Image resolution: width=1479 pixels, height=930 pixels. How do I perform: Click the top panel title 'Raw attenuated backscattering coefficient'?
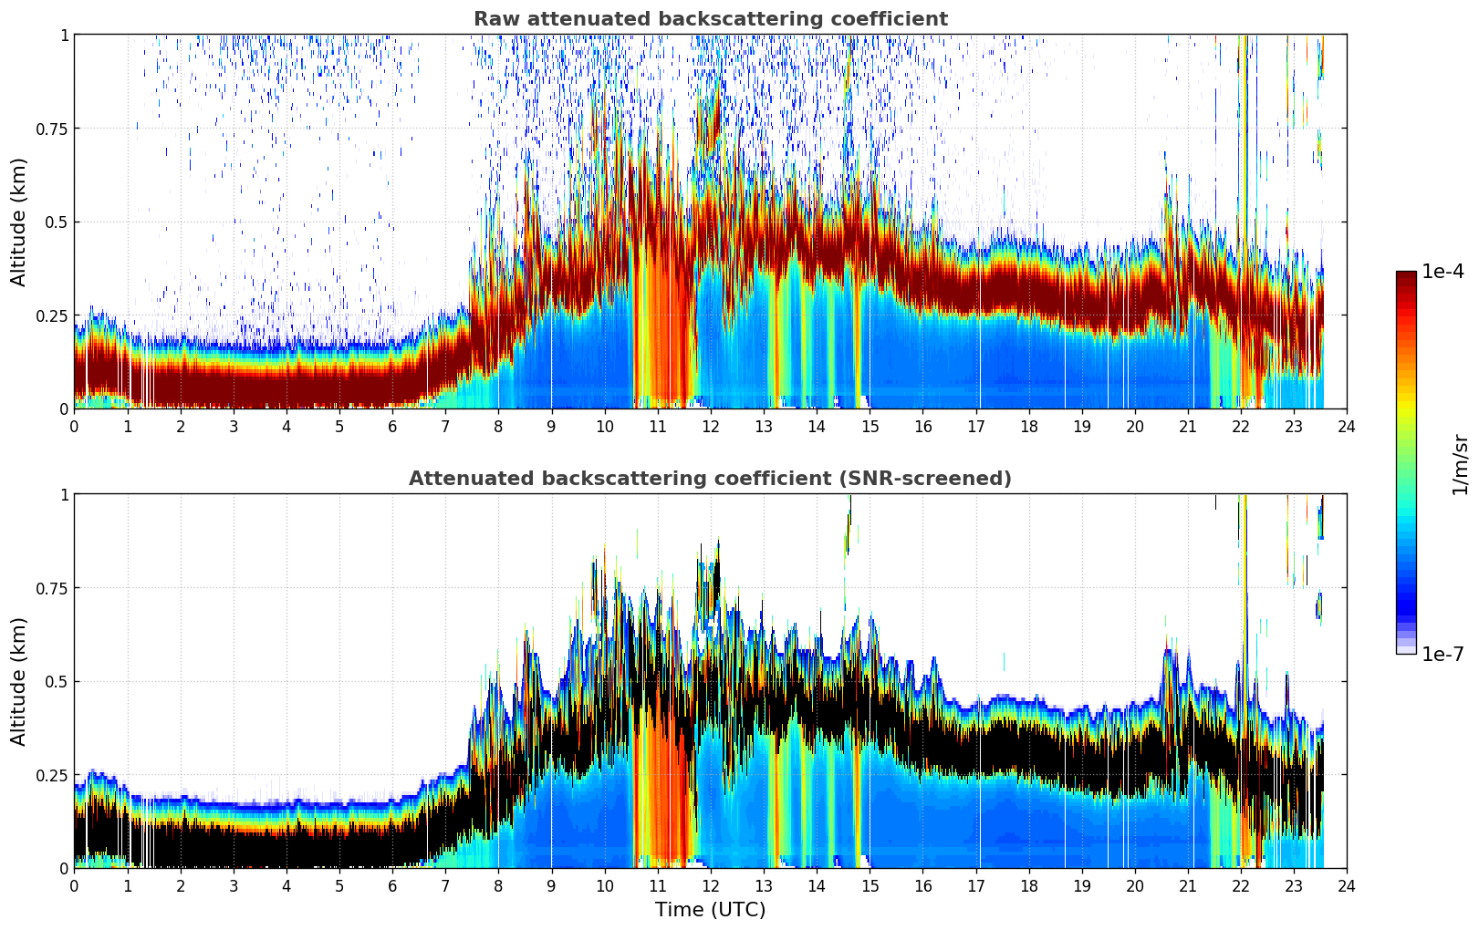tap(711, 19)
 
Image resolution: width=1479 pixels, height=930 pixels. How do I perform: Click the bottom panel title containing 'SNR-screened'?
tap(711, 478)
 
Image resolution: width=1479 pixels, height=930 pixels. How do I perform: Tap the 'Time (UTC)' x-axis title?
tap(711, 910)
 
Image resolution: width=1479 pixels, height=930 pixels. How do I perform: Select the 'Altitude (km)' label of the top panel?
tap(18, 222)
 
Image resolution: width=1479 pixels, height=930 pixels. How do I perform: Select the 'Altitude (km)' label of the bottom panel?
tap(18, 682)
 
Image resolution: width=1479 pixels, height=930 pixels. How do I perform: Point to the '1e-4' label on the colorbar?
tap(1443, 272)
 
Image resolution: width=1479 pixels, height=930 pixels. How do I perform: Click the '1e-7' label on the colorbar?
tap(1443, 655)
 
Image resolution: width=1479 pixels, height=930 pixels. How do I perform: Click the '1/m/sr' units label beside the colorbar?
tap(1460, 464)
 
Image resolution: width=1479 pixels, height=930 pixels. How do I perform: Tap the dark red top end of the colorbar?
tap(1406, 274)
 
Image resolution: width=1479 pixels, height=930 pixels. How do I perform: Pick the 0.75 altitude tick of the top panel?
tap(52, 129)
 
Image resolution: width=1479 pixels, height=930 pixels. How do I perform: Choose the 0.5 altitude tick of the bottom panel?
tap(57, 682)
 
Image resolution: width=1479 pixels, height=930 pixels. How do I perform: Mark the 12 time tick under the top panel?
tap(711, 427)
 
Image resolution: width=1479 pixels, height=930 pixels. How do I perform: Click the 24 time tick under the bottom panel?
tap(1347, 886)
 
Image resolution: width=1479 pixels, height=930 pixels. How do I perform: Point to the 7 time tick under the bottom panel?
tap(445, 886)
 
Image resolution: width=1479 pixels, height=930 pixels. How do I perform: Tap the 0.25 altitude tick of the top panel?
tap(52, 316)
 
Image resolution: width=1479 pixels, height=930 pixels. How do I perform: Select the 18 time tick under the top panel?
tap(1028, 427)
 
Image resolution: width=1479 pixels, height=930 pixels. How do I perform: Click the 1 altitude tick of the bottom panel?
tap(65, 495)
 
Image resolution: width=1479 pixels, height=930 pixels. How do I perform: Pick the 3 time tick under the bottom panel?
tap(233, 886)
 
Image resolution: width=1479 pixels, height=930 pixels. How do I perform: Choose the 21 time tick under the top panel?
tap(1188, 427)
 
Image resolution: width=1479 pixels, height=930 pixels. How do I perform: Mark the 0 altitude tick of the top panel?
tap(64, 409)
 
